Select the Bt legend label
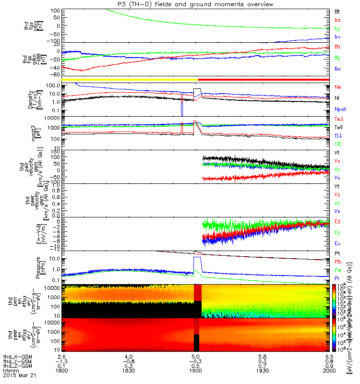[337, 10]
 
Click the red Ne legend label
[337, 87]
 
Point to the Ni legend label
[337, 98]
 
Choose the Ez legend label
[337, 221]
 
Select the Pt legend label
[337, 252]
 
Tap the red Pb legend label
[337, 261]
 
